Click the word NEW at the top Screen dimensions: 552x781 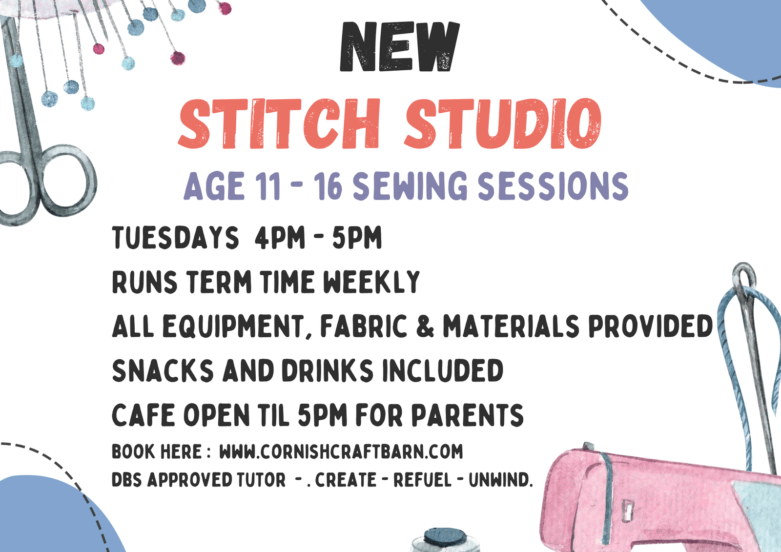point(399,47)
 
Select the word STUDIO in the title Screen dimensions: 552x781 point(503,124)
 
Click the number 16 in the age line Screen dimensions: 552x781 point(328,187)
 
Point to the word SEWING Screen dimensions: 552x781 point(410,187)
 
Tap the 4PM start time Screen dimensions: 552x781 point(280,238)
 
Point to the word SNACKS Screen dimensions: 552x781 point(163,371)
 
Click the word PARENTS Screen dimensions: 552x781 point(467,416)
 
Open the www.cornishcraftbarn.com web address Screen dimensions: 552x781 point(341,452)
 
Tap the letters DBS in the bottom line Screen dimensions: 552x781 point(127,480)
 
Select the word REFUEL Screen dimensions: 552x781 point(422,480)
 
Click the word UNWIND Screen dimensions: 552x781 point(499,480)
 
